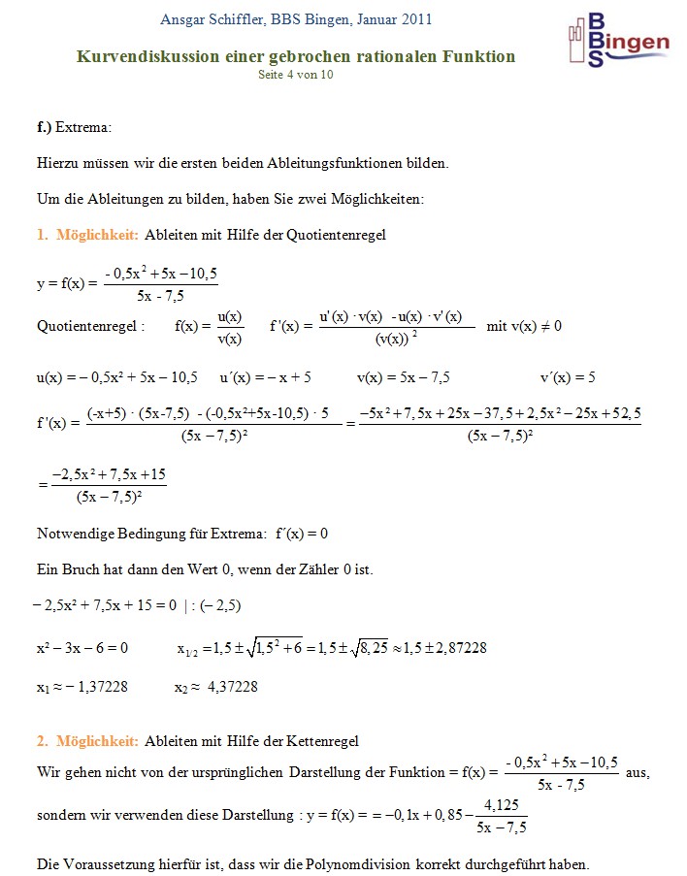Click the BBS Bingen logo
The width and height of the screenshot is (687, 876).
tap(617, 41)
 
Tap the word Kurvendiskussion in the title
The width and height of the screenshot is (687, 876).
tap(142, 56)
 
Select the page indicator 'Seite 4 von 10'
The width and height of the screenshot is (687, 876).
tap(296, 75)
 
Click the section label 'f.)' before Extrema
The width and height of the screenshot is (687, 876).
tap(44, 127)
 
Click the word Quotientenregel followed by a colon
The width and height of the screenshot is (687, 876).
tap(90, 326)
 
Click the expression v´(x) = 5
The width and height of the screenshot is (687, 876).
tap(568, 376)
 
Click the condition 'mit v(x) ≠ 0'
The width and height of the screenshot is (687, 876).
tap(524, 326)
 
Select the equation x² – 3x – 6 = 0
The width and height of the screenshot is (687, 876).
tap(82, 647)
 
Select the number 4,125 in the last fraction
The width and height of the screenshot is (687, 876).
tap(502, 804)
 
